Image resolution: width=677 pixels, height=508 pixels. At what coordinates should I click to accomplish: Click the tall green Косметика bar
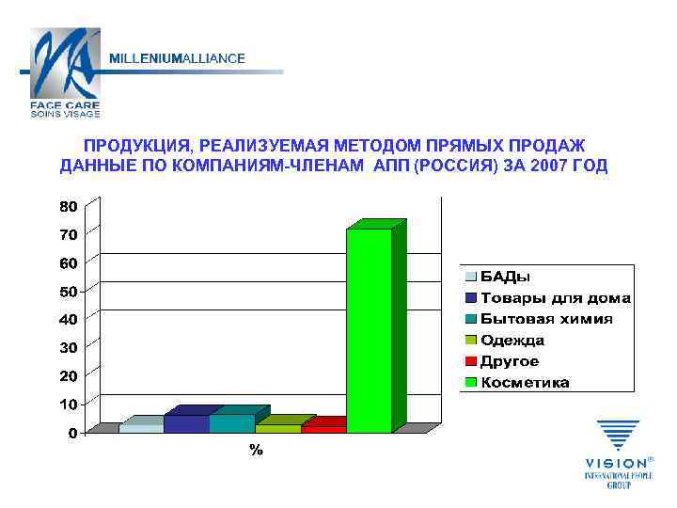click(369, 329)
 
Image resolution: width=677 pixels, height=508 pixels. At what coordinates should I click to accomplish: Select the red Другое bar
click(323, 428)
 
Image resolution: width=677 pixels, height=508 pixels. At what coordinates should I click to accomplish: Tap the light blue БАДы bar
click(141, 428)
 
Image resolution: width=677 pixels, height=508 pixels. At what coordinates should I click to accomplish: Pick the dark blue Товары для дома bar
click(186, 423)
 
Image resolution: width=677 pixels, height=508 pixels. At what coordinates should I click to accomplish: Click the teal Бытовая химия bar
click(231, 423)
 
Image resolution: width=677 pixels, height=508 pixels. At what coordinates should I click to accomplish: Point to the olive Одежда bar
click(277, 428)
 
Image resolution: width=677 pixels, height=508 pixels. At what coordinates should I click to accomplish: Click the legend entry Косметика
click(525, 383)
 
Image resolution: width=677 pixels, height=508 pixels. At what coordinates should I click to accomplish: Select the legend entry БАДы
click(505, 277)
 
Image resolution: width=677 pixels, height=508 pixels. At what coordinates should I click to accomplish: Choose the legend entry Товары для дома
click(555, 298)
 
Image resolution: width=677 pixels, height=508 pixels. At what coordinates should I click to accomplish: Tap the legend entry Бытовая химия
click(545, 319)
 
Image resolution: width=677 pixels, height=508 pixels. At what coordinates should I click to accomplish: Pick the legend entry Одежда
click(512, 341)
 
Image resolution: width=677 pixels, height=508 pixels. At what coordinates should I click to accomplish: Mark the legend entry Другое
click(510, 361)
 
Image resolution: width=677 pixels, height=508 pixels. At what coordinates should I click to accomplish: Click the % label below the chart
click(256, 452)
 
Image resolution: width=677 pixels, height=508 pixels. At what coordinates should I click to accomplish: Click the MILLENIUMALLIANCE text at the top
click(178, 58)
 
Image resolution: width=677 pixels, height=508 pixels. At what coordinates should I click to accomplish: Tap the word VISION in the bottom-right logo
click(614, 463)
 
